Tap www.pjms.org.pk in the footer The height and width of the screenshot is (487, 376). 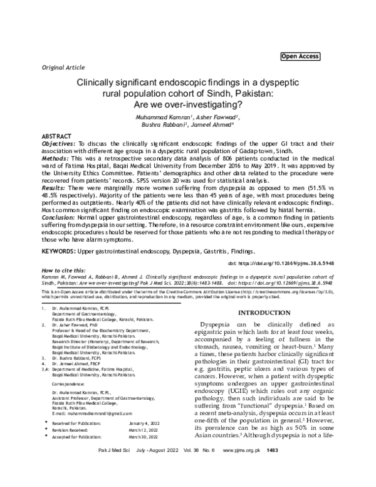click(x=290, y=468)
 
